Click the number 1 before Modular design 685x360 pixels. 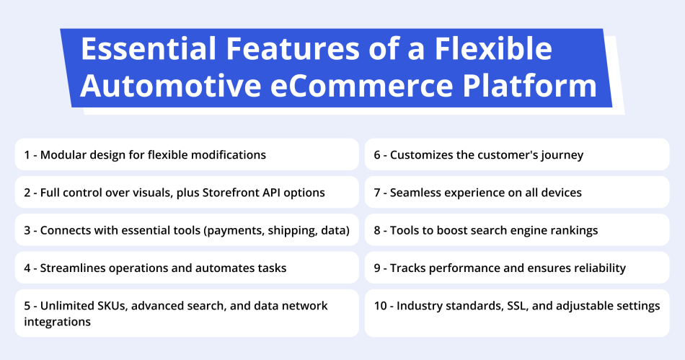click(x=27, y=155)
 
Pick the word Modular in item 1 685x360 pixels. click(x=63, y=155)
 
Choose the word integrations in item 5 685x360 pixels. click(x=58, y=322)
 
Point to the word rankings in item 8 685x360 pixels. click(x=573, y=230)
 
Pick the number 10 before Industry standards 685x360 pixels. click(x=380, y=306)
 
